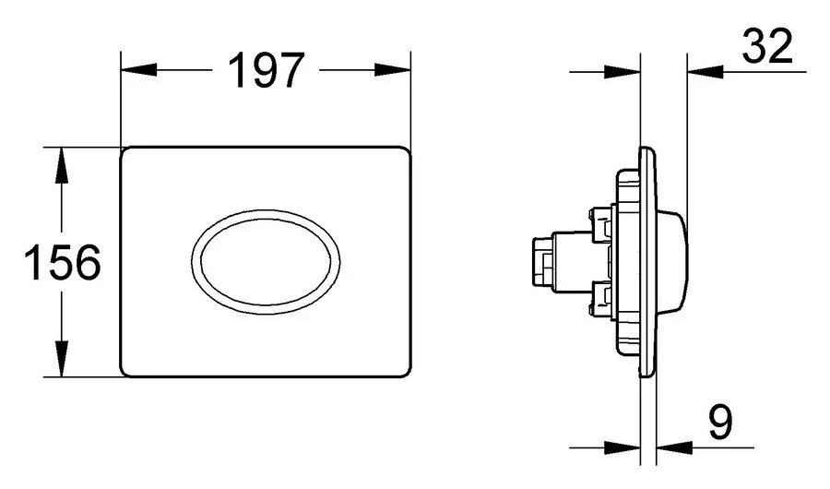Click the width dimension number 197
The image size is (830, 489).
(266, 71)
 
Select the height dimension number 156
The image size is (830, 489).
(60, 263)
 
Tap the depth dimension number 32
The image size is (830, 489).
(767, 48)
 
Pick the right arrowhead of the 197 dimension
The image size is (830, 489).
(394, 72)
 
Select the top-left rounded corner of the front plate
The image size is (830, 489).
(129, 153)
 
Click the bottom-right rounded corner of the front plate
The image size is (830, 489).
(403, 369)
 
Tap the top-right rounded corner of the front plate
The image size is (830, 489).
(403, 153)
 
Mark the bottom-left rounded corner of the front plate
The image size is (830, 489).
(129, 369)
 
